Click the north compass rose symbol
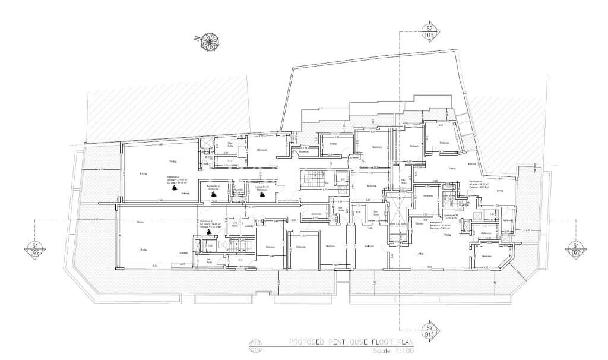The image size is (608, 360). tap(209, 42)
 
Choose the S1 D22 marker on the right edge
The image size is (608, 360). tap(575, 249)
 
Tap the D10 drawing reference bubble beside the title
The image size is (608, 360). tap(255, 346)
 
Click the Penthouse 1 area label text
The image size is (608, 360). tap(174, 179)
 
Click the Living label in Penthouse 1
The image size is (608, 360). tap(143, 173)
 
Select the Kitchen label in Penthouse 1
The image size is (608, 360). tap(185, 194)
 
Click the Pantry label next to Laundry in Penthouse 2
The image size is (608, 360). tap(218, 226)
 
